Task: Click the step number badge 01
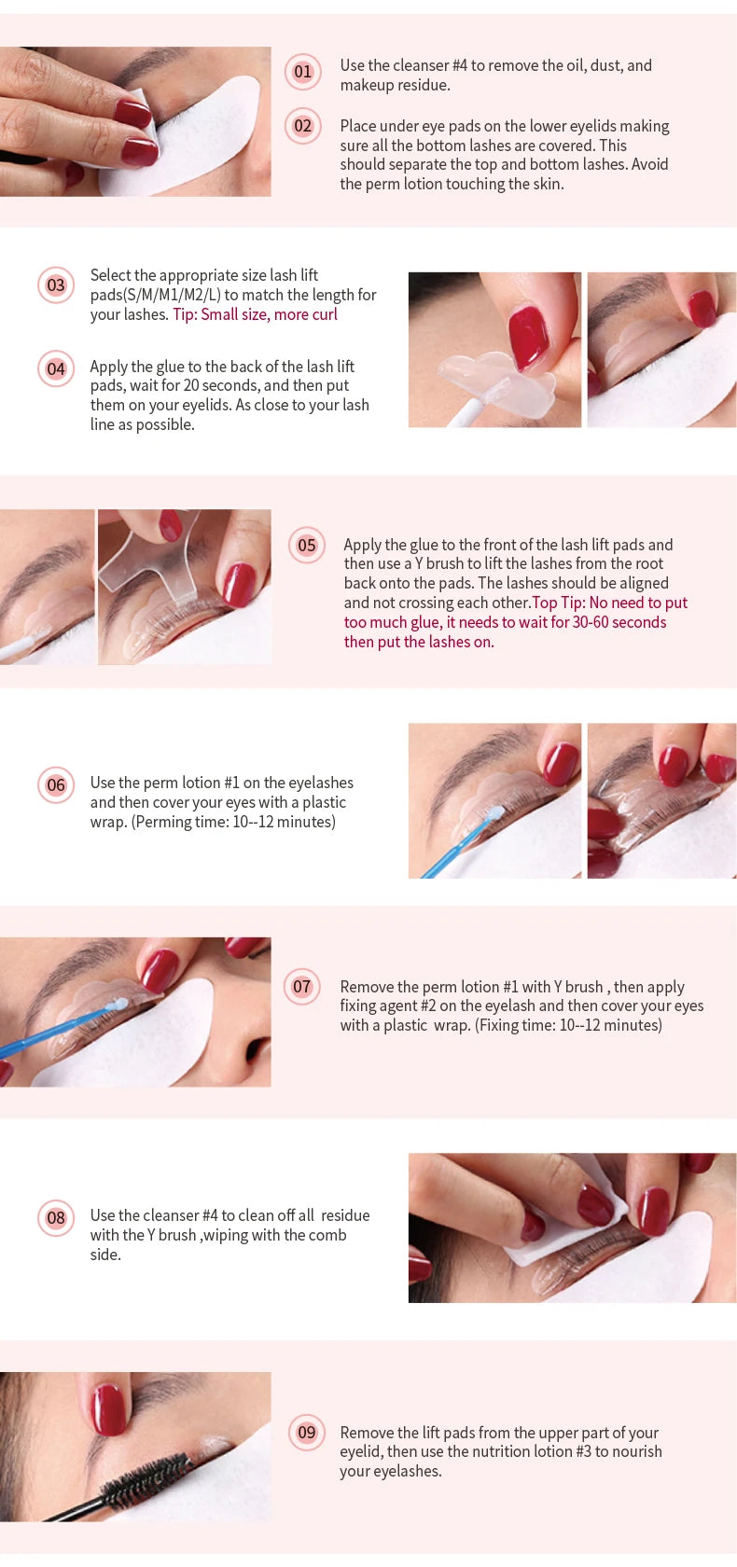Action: (302, 72)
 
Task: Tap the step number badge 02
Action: (302, 126)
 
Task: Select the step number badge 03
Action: (56, 284)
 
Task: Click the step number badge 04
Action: (56, 368)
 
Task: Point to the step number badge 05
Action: (306, 546)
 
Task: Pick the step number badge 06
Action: (56, 784)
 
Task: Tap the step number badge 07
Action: (301, 986)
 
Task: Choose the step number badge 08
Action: (56, 1217)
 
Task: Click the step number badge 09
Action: (306, 1432)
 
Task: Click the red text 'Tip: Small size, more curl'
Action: (255, 314)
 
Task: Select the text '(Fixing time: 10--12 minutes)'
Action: (568, 1025)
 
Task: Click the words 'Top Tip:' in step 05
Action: (558, 603)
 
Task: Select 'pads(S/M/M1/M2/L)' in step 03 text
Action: (155, 295)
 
